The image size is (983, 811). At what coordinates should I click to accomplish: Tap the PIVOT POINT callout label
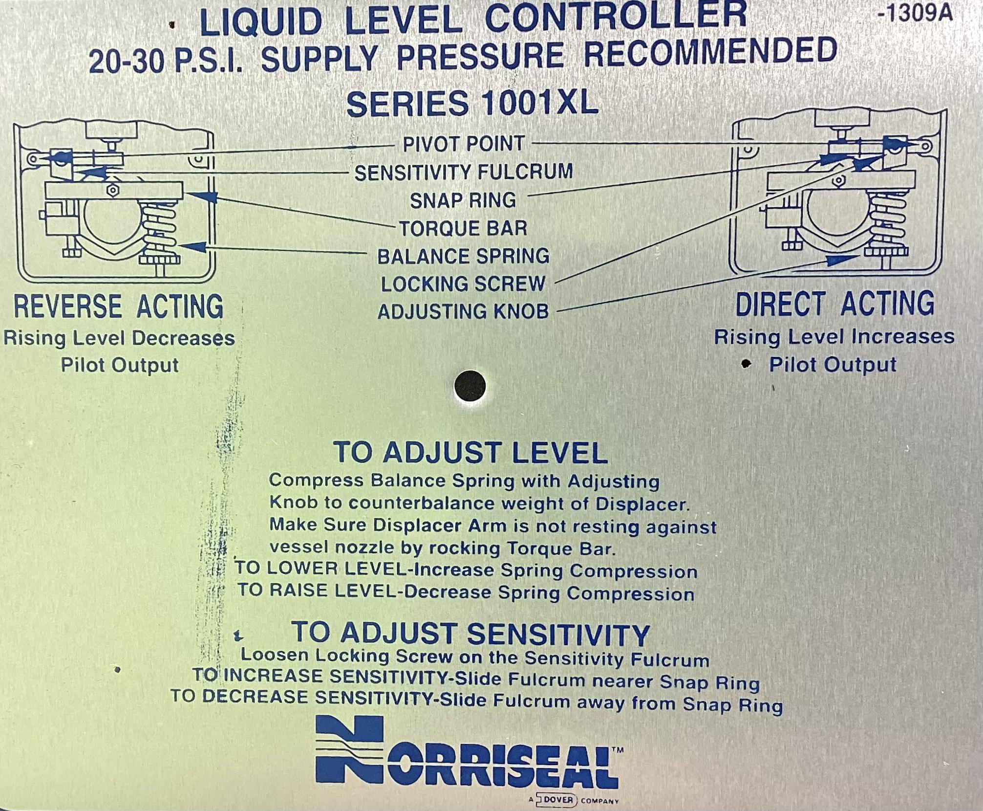click(x=464, y=144)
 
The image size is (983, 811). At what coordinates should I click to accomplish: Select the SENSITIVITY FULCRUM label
click(x=463, y=172)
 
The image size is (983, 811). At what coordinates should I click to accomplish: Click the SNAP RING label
click(x=463, y=200)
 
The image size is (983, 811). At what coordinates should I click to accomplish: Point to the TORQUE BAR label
click(x=463, y=228)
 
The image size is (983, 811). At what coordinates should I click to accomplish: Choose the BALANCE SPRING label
click(x=463, y=256)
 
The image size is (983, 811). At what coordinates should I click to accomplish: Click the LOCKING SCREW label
click(x=463, y=284)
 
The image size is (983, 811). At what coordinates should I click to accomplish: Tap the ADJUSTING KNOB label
click(x=463, y=312)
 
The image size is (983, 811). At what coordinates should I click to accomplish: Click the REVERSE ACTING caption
click(x=118, y=307)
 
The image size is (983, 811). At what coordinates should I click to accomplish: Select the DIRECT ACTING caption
click(x=834, y=304)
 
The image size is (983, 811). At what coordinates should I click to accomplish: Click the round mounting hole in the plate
click(x=470, y=386)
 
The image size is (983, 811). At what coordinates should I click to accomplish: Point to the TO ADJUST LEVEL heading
click(x=470, y=452)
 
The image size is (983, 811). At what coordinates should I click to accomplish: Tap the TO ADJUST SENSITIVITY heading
click(x=470, y=634)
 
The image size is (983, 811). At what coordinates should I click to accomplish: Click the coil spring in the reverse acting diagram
click(x=158, y=227)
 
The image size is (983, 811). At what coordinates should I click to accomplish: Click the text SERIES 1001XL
click(x=472, y=104)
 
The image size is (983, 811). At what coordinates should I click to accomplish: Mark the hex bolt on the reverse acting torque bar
click(x=112, y=190)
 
